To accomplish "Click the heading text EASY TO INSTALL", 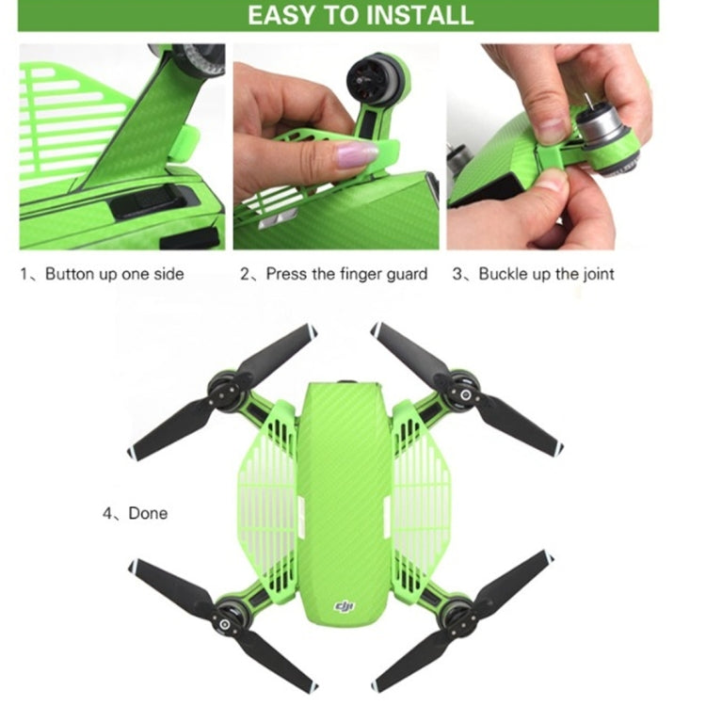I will click(x=360, y=16).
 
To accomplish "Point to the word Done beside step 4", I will click(x=148, y=513).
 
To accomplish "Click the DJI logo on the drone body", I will click(x=348, y=611).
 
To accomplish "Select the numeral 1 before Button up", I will click(x=25, y=274).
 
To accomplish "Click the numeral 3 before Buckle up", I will click(x=458, y=274).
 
